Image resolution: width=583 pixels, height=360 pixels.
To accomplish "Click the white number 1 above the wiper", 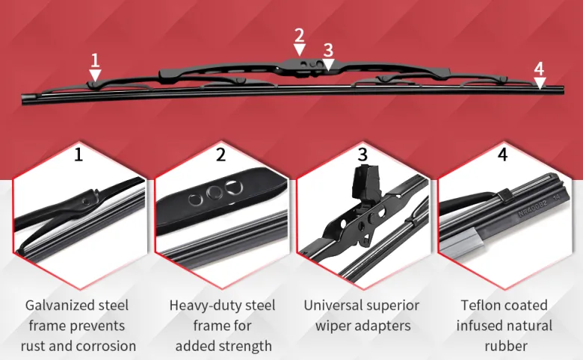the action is point(96,60).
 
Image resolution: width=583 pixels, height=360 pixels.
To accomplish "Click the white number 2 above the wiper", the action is point(299,36).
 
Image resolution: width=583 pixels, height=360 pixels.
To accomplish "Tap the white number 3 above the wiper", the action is point(328,51).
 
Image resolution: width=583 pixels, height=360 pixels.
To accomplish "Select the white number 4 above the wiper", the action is point(539,69).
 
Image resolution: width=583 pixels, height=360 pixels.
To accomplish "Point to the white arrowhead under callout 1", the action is point(95,75).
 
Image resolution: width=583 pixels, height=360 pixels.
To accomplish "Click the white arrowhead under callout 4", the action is point(540,83).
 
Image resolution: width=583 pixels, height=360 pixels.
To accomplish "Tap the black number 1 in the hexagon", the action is point(78,154).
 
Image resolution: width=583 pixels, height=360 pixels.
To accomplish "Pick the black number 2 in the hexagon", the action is point(220,154).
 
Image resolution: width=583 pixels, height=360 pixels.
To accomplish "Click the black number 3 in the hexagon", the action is point(363,154).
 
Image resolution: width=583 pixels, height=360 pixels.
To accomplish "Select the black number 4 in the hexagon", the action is point(503,154).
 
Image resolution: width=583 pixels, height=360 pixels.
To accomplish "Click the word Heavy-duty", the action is point(203,305).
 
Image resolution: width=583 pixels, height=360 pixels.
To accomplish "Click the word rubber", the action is point(506,346).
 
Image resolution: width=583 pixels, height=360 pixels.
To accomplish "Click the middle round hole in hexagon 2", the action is point(215,193).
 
